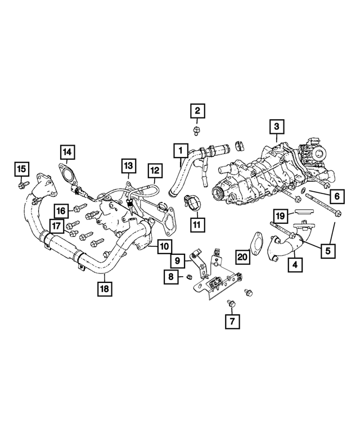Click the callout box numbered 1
[181, 151]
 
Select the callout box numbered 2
[197, 111]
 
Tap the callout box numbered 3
[276, 127]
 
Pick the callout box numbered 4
[294, 263]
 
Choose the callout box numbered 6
[335, 196]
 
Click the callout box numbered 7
[231, 322]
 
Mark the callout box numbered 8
[170, 276]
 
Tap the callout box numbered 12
[154, 170]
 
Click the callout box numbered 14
[67, 151]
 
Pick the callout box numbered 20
[242, 257]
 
